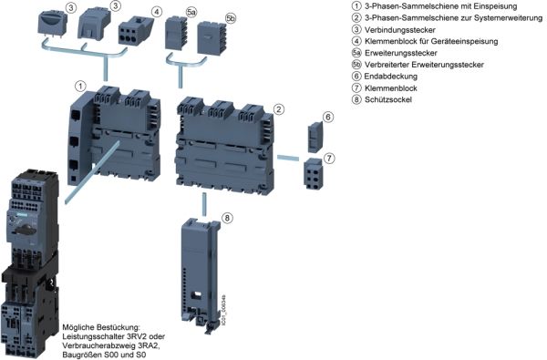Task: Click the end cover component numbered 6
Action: pos(315,137)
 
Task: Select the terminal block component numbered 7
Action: pos(313,173)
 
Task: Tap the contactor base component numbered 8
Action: pos(201,275)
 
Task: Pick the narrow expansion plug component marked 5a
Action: pos(176,34)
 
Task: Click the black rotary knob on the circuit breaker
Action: pos(25,230)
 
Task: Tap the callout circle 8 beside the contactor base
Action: pos(227,219)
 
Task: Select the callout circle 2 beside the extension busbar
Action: pos(278,109)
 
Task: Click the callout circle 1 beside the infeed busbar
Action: pos(80,86)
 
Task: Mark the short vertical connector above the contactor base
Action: pos(204,204)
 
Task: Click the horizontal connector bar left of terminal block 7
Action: pos(288,158)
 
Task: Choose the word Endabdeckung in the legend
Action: pos(391,77)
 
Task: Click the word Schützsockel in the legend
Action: pos(388,99)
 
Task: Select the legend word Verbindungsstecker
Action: pos(400,30)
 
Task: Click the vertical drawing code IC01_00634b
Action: pos(223,312)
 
